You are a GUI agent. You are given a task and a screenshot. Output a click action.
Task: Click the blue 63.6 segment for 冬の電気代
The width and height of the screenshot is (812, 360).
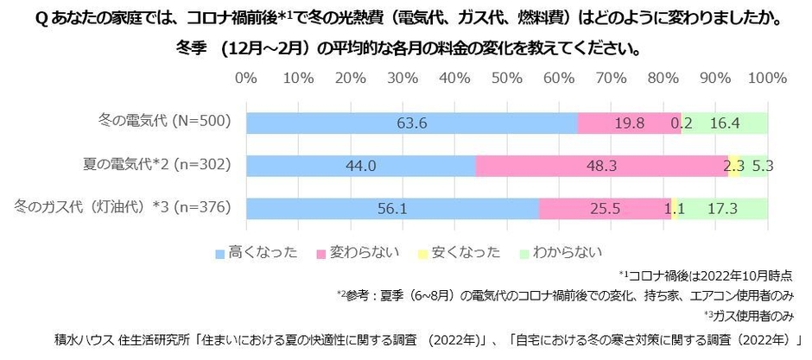[x=411, y=123]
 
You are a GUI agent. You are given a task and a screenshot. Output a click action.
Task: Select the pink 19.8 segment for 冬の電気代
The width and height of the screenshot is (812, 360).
[x=628, y=123]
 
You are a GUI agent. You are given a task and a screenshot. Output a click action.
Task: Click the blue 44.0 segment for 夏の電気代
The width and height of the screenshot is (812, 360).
[x=360, y=166]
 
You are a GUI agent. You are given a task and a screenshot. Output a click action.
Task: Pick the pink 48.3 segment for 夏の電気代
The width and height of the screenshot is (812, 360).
[x=601, y=166]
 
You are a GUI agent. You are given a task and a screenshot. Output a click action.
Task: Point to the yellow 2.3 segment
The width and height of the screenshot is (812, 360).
[x=734, y=166]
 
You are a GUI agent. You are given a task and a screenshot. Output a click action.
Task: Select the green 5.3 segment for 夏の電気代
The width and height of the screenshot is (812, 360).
[x=754, y=166]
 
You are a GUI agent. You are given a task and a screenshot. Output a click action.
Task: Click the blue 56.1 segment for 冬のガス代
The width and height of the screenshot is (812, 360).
[x=392, y=208]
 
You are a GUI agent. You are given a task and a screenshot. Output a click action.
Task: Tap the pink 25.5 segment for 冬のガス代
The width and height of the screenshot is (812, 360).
[x=605, y=208]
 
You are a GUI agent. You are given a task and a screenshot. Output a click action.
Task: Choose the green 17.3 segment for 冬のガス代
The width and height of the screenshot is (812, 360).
[x=722, y=208]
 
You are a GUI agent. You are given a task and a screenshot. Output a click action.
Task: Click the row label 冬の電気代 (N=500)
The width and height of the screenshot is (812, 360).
[x=165, y=122]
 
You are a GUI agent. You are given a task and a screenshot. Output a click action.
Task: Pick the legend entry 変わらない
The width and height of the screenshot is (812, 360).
[x=363, y=253]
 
